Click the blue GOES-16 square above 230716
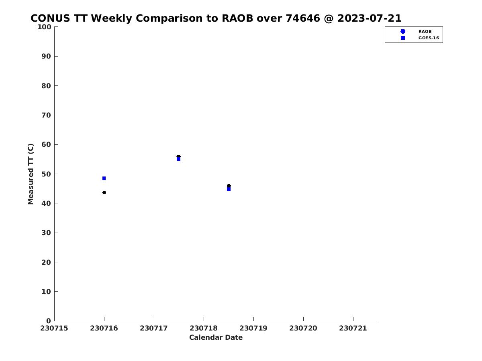pos(104,178)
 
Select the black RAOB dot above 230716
pos(104,193)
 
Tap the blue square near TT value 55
pos(178,159)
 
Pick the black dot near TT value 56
pos(178,156)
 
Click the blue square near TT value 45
pos(229,189)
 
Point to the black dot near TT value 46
pos(229,186)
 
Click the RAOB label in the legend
pos(425,32)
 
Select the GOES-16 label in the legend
pos(429,38)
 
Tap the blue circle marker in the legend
pos(403,31)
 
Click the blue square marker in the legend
pos(403,38)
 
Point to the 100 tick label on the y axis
pos(44,27)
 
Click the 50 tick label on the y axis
pos(46,174)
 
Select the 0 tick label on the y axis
pos(49,321)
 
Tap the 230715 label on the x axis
pos(54,329)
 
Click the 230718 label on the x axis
pos(204,329)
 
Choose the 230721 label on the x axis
pos(353,329)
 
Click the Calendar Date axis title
pos(216,338)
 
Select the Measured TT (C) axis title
pos(31,174)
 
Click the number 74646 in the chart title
pos(303,18)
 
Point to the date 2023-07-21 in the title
pos(370,18)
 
